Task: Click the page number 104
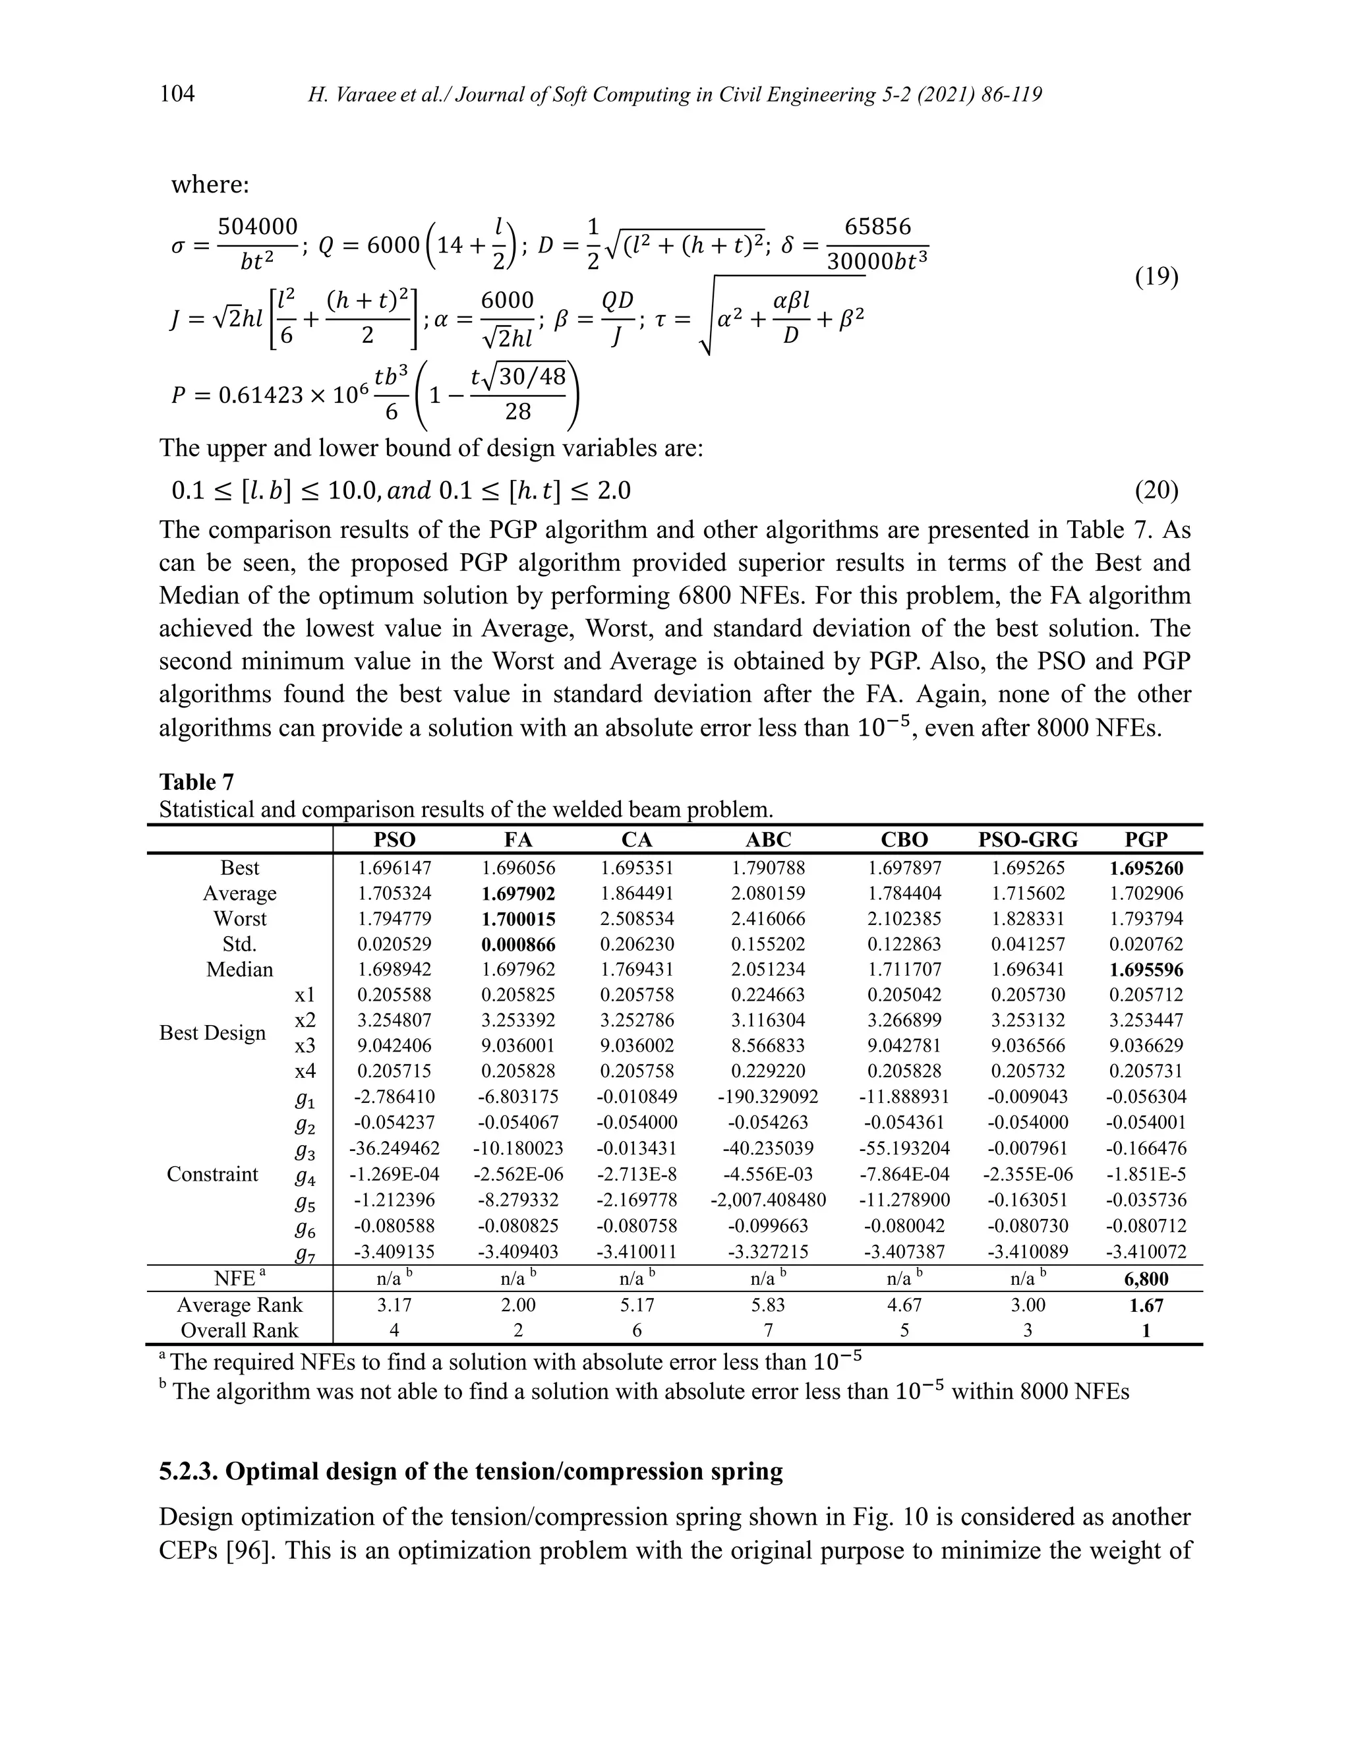(x=177, y=94)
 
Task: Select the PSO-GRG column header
(x=1028, y=839)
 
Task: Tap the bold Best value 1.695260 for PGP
(x=1146, y=868)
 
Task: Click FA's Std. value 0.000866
(x=518, y=945)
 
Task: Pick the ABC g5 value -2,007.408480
(x=768, y=1200)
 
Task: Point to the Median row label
(x=239, y=970)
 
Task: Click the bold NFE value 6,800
(x=1146, y=1278)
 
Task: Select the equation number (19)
(x=1156, y=277)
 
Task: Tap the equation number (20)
(x=1156, y=490)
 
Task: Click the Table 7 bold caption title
(x=196, y=781)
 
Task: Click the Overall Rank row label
(x=239, y=1330)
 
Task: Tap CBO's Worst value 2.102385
(x=904, y=918)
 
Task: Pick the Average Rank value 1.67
(x=1146, y=1305)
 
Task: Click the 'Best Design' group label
(x=213, y=1032)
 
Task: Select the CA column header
(x=637, y=839)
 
